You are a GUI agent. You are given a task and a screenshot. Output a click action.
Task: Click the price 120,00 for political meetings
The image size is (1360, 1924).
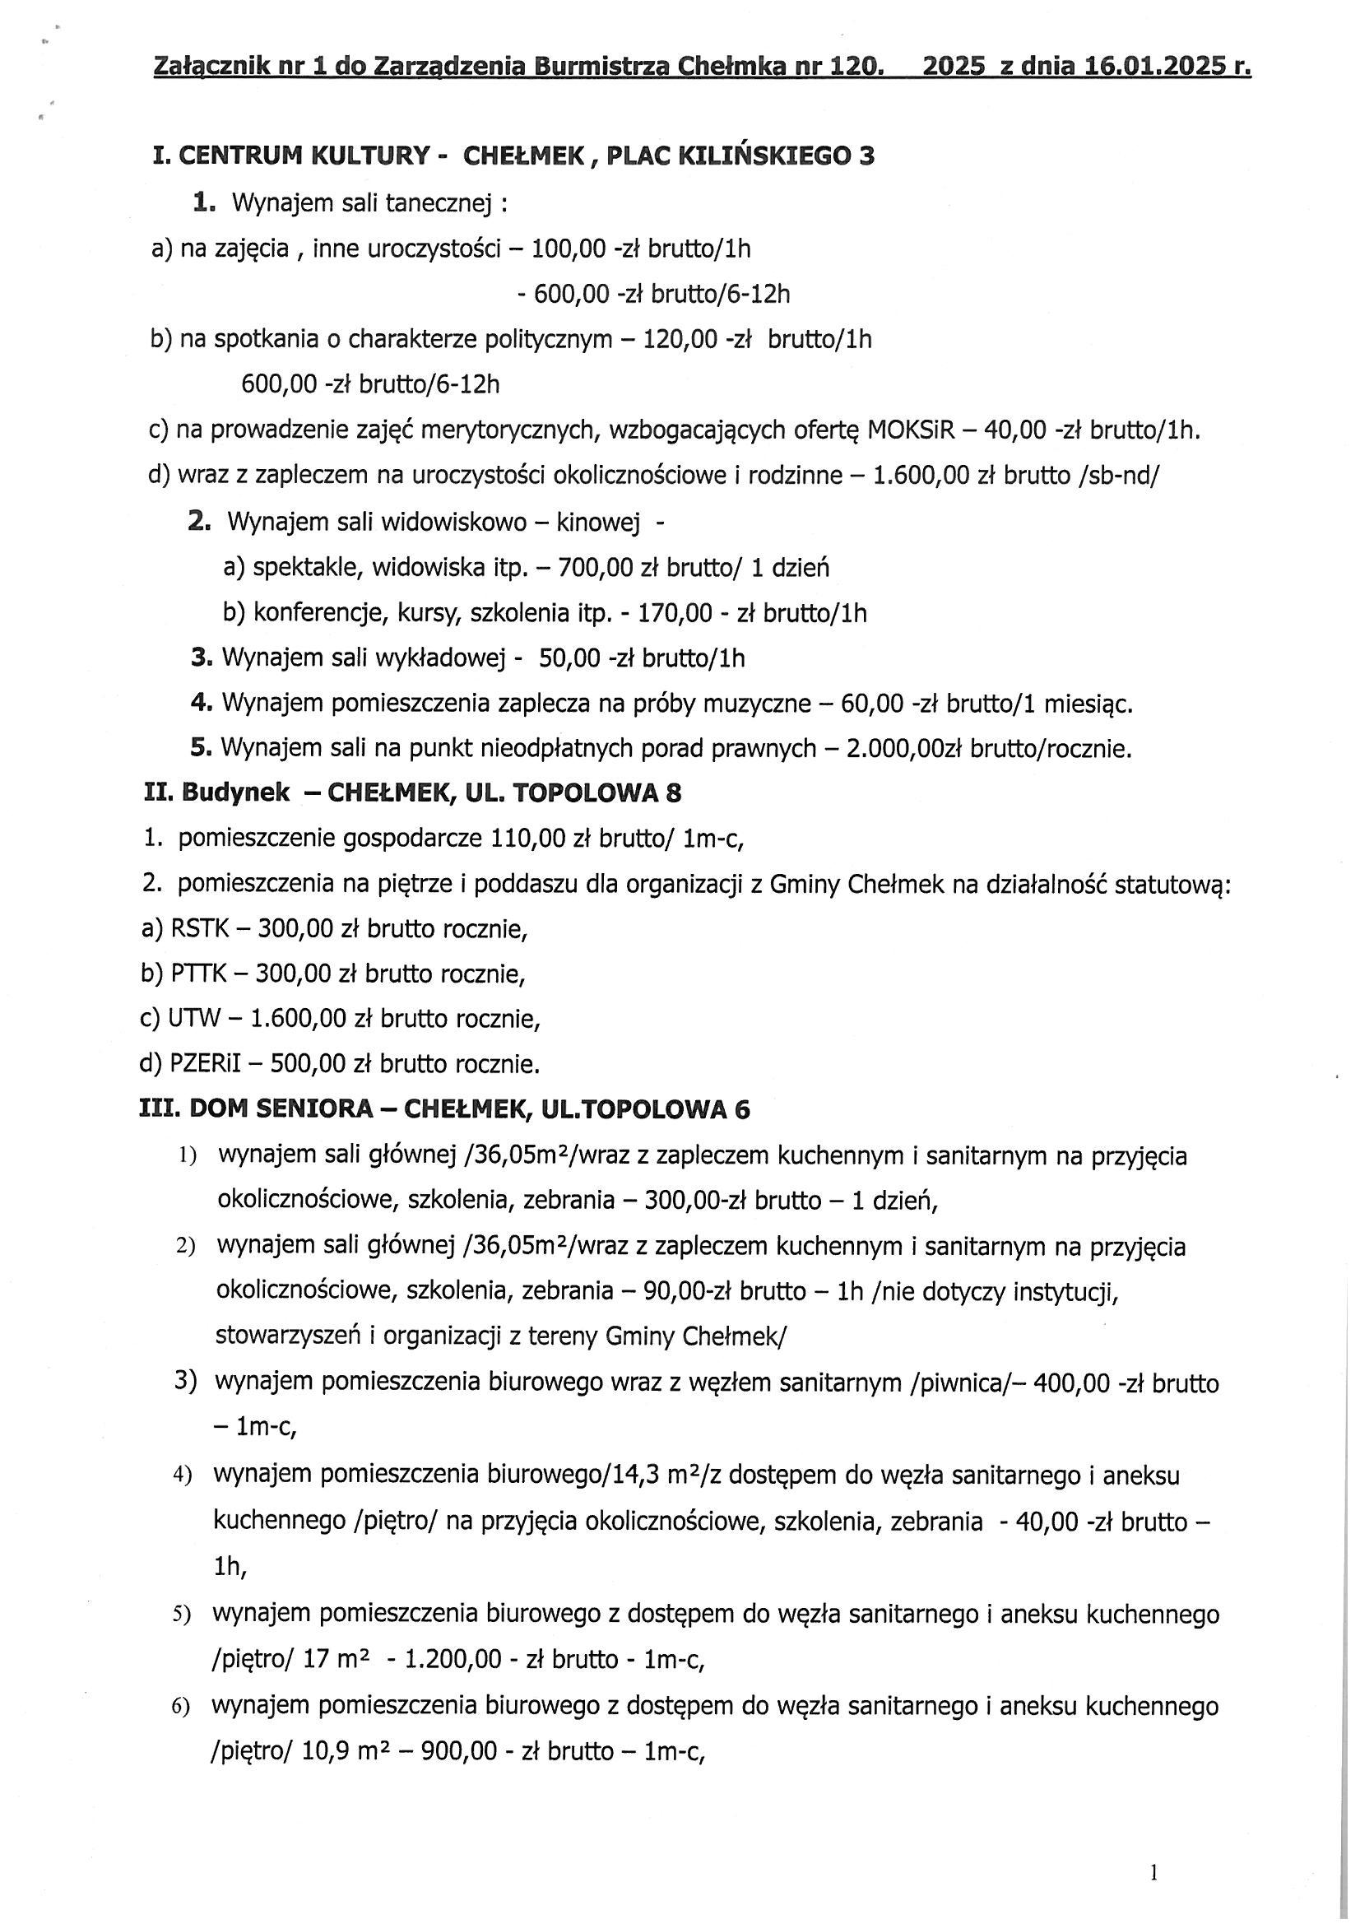tap(679, 339)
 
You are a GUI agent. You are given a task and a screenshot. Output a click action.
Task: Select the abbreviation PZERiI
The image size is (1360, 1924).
tap(205, 1064)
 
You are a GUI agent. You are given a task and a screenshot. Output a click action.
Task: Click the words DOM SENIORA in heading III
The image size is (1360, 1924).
tap(281, 1109)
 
